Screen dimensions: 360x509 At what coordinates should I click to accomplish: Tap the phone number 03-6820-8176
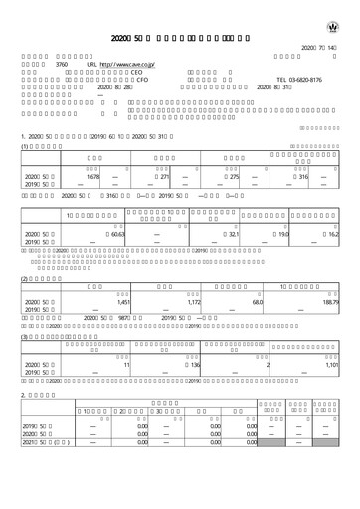[299, 79]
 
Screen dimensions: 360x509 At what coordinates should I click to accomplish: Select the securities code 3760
[61, 63]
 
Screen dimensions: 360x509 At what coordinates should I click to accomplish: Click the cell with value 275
[235, 176]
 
